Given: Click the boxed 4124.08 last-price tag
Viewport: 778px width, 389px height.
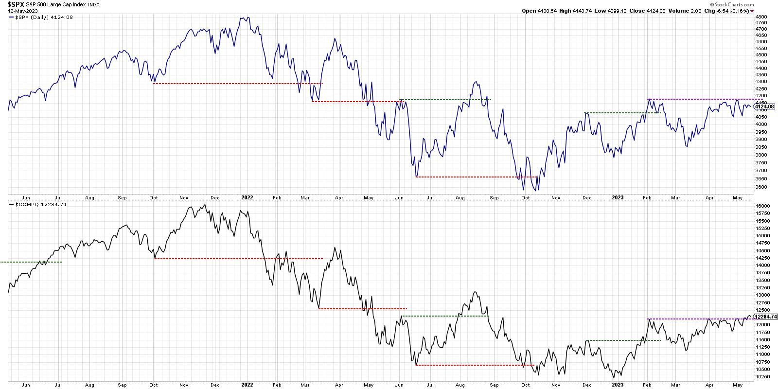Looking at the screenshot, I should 765,106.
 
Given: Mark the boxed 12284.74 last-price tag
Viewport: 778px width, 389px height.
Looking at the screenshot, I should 766,317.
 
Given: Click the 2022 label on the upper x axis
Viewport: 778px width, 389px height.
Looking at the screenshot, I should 247,197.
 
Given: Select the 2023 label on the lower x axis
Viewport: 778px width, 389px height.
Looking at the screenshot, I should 617,384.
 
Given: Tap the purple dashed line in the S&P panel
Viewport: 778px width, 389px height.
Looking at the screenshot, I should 700,99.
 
